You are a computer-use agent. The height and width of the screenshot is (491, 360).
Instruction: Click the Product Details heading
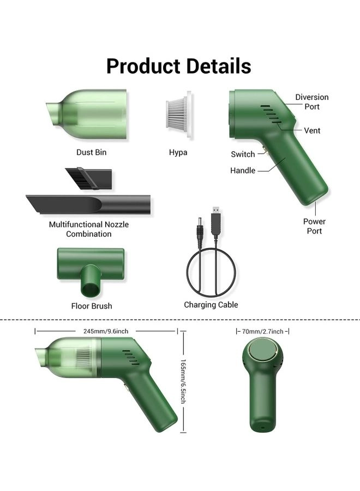[x=178, y=66]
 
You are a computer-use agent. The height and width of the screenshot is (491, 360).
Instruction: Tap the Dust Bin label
[x=92, y=152]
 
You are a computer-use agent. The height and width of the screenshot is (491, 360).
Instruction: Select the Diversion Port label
[x=312, y=102]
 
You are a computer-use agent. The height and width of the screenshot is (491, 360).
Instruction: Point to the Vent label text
[x=312, y=130]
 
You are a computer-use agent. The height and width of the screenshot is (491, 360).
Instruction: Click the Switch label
[x=243, y=154]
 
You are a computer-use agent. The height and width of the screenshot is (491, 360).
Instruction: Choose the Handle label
[x=243, y=171]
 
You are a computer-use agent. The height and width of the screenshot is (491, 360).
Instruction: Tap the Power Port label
[x=314, y=226]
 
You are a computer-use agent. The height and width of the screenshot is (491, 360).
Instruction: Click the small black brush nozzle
[x=89, y=178]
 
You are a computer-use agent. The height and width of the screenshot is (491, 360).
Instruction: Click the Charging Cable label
[x=211, y=305]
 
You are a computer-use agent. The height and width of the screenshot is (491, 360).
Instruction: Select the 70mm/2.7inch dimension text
[x=262, y=331]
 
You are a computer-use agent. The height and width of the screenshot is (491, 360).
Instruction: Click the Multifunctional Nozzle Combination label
[x=89, y=229]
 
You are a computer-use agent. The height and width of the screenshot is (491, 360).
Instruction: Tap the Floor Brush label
[x=92, y=306]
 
